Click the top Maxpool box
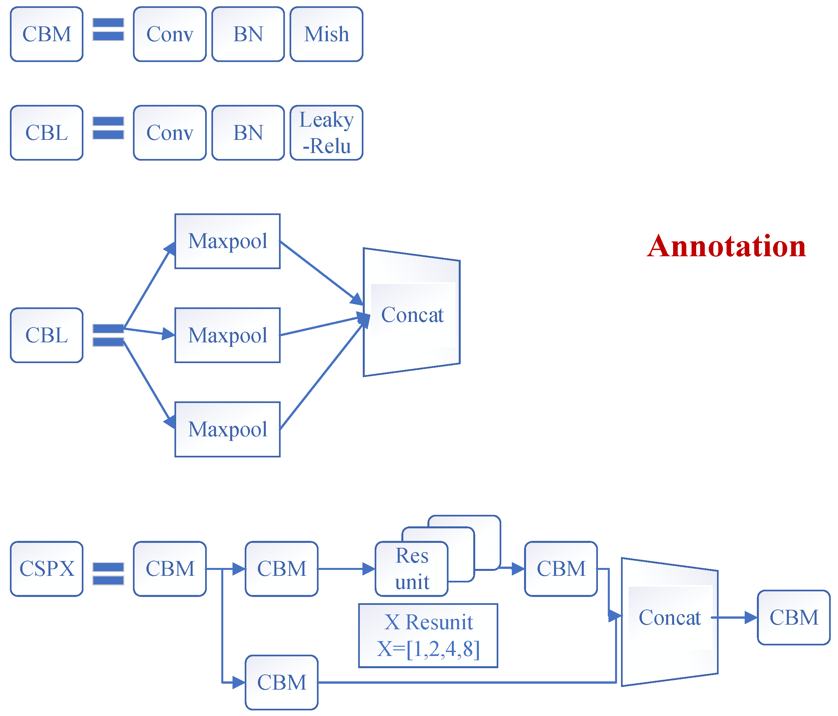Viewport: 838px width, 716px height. [x=227, y=241]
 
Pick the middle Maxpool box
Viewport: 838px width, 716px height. [x=227, y=335]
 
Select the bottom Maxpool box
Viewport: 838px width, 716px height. [x=227, y=429]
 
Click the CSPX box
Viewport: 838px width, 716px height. [x=47, y=569]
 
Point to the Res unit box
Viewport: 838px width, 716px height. [x=411, y=569]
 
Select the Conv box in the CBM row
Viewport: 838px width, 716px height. [x=170, y=34]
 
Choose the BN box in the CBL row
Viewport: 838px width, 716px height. [x=248, y=133]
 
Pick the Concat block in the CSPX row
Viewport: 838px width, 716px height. [x=669, y=617]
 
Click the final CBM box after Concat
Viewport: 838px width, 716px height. [x=793, y=617]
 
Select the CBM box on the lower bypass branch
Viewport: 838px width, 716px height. [x=282, y=682]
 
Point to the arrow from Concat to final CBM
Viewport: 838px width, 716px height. [x=734, y=617]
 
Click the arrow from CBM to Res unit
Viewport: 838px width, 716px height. [x=346, y=569]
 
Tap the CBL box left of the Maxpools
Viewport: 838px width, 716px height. [x=47, y=335]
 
